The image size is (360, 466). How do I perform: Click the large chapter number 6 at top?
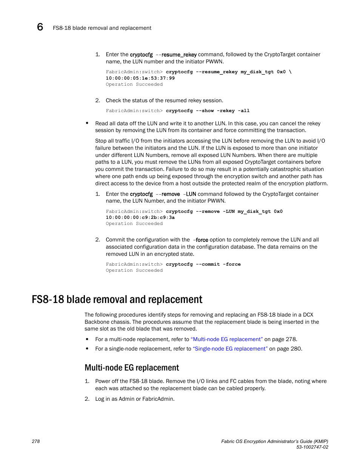(x=40, y=27)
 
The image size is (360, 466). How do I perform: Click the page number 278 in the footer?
(x=36, y=441)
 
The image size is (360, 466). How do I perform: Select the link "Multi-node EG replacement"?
(x=227, y=339)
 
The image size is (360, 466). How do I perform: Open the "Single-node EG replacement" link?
(x=230, y=349)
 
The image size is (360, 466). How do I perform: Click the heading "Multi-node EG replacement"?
(x=132, y=368)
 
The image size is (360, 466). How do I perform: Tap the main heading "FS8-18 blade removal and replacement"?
(x=117, y=299)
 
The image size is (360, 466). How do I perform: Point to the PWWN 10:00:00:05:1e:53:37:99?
(x=140, y=78)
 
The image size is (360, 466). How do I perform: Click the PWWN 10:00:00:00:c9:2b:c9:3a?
(x=140, y=217)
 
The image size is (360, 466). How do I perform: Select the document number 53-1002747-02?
(x=312, y=447)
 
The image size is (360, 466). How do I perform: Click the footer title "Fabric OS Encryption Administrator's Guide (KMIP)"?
(x=274, y=441)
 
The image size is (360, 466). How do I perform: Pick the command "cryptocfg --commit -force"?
(x=203, y=264)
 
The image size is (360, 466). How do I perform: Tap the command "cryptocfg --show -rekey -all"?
(x=208, y=111)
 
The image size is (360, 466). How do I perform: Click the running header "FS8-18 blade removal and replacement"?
(x=102, y=28)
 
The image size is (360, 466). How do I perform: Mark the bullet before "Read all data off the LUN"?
(x=87, y=123)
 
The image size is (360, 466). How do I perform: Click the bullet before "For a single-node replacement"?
(x=87, y=349)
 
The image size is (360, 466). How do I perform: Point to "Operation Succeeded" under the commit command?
(x=134, y=270)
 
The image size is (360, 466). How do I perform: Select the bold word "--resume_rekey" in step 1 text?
(x=176, y=54)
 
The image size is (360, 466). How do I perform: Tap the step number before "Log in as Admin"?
(x=87, y=399)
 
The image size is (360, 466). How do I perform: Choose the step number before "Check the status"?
(x=97, y=100)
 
